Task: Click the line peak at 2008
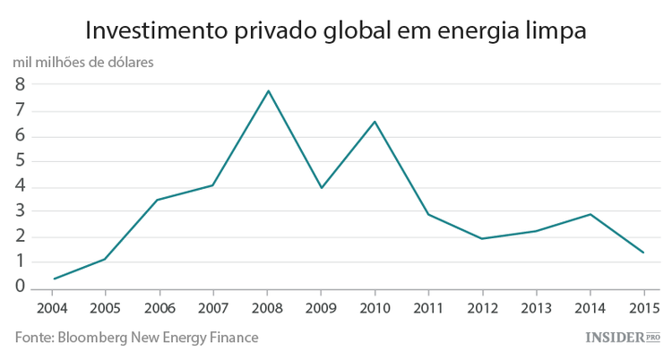(267, 90)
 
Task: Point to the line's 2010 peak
(375, 121)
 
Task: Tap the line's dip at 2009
(321, 187)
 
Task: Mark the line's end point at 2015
(643, 253)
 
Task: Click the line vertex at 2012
(482, 238)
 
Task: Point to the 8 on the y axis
(19, 85)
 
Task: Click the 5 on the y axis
(19, 161)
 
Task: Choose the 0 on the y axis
(19, 287)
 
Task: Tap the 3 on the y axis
(19, 211)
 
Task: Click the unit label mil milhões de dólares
(83, 63)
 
